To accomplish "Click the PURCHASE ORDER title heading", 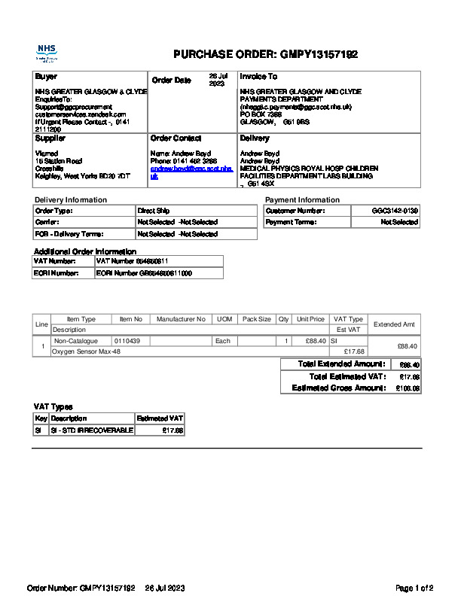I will pyautogui.click(x=265, y=54).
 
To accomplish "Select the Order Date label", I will pyautogui.click(x=172, y=81).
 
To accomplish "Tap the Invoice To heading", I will pyautogui.click(x=258, y=77).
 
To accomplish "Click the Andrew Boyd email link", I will pyautogui.click(x=191, y=172).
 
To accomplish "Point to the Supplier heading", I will pyautogui.click(x=50, y=138).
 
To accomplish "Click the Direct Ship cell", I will pyautogui.click(x=148, y=211).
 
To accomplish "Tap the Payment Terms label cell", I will pyautogui.click(x=291, y=223).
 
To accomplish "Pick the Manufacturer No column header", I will pyautogui.click(x=181, y=320).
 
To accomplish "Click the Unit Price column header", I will pyautogui.click(x=310, y=320).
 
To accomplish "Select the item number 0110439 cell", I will pyautogui.click(x=128, y=341).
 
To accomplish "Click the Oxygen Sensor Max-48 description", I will pyautogui.click(x=86, y=351).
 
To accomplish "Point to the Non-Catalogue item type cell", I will pyautogui.click(x=76, y=341).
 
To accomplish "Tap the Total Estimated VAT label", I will pyautogui.click(x=348, y=376).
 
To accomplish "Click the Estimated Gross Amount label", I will pyautogui.click(x=338, y=388).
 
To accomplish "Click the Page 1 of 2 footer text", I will pyautogui.click(x=414, y=588).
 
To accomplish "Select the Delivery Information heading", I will pyautogui.click(x=71, y=200).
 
